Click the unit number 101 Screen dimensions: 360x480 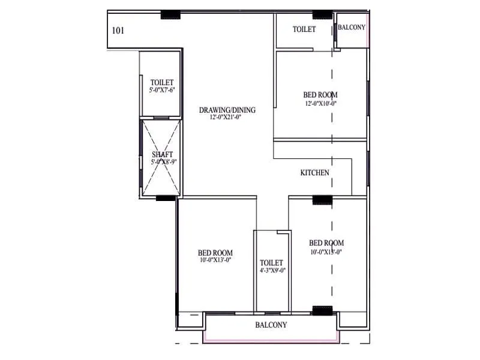point(118,30)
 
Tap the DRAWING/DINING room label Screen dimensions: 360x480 point(227,110)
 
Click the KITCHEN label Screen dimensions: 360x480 point(314,173)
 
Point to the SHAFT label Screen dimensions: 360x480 point(162,154)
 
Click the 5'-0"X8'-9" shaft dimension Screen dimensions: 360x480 point(163,162)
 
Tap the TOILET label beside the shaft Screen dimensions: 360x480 point(162,82)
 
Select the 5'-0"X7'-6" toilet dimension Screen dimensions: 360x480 point(162,90)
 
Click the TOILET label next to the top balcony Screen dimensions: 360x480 point(304,29)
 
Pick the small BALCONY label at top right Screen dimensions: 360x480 point(352,28)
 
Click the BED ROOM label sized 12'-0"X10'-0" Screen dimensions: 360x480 point(320,95)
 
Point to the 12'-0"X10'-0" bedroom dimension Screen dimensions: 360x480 point(320,103)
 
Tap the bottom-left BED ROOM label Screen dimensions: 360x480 point(215,253)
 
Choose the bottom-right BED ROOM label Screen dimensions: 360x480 point(326,243)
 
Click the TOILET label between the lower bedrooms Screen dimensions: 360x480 point(271,263)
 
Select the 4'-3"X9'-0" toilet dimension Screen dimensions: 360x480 point(272,271)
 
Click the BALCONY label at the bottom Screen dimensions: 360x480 point(271,325)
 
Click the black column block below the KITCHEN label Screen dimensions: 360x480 point(322,200)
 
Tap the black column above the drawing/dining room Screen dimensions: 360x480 point(171,14)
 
